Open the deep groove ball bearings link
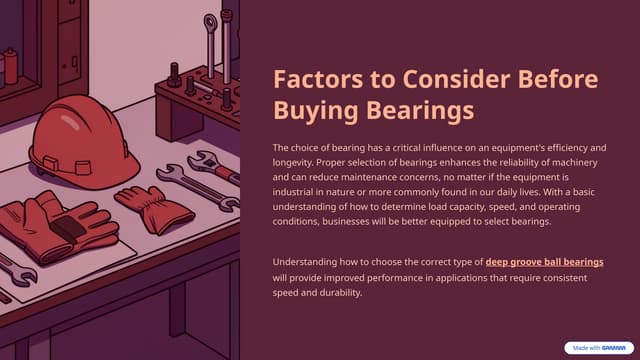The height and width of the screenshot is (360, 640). click(544, 262)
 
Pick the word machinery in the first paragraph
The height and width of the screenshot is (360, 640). click(580, 163)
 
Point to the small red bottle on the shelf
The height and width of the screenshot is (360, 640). click(10, 64)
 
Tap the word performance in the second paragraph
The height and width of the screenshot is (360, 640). click(374, 278)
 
